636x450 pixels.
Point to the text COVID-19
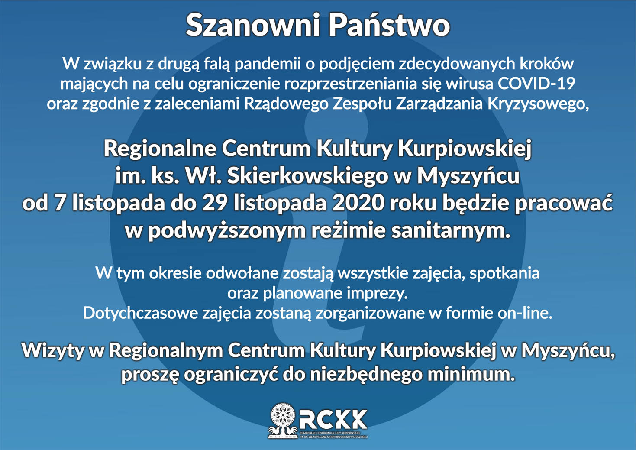(536, 84)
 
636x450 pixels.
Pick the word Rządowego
(287, 104)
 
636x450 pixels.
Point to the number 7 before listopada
(59, 204)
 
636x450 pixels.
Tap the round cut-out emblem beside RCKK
(283, 415)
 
